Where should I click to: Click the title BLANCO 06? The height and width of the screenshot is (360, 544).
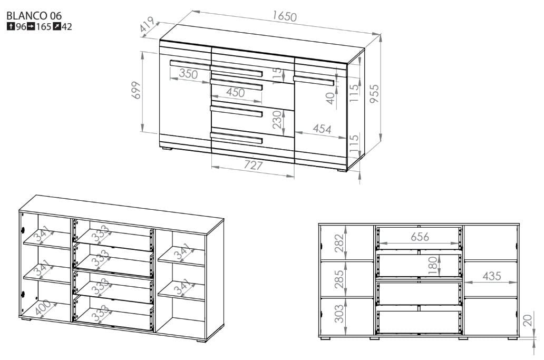(34, 16)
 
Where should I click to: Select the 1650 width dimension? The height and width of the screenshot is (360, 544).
(285, 16)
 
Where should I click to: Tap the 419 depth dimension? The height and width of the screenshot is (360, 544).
(147, 25)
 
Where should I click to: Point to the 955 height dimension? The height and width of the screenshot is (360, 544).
(374, 94)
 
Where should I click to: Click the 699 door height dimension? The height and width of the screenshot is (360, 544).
(137, 90)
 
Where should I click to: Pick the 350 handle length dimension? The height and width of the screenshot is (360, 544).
(188, 74)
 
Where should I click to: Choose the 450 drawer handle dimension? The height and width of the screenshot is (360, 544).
(236, 92)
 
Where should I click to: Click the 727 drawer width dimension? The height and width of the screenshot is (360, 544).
(253, 165)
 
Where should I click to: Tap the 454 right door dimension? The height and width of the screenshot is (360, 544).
(322, 129)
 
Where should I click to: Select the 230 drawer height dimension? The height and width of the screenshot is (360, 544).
(277, 120)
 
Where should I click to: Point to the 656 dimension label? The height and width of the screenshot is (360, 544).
(420, 237)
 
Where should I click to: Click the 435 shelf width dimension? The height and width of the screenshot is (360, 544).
(492, 276)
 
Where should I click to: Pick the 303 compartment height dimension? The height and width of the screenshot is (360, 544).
(339, 314)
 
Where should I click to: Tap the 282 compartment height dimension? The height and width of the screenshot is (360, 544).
(339, 243)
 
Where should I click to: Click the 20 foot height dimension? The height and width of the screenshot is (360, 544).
(527, 320)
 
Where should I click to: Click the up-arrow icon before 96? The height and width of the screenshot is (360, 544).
(11, 26)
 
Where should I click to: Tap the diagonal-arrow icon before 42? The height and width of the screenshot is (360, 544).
(57, 26)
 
